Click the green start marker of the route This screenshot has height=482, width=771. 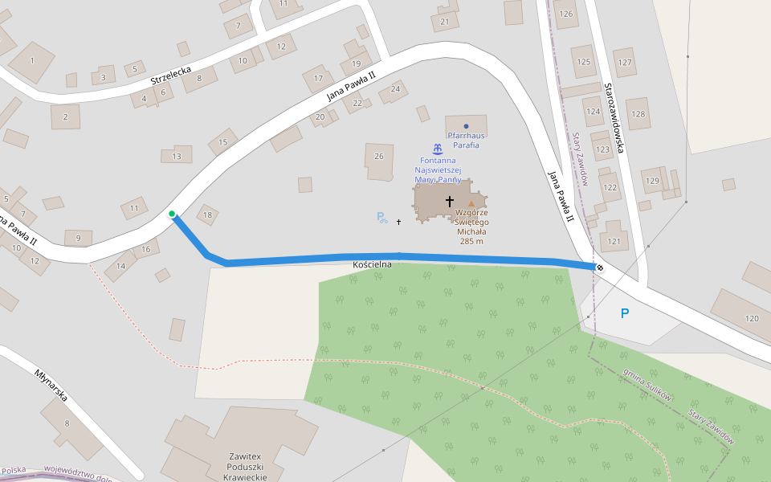tap(172, 214)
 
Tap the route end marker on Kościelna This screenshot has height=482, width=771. tap(599, 267)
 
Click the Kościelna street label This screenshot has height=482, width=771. tap(372, 264)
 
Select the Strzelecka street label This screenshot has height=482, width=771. tap(170, 77)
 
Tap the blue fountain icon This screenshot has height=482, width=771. tap(437, 149)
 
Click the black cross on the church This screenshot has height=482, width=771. tap(450, 201)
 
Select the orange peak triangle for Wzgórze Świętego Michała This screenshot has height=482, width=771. tap(471, 204)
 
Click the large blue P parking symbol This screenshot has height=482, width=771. tap(625, 314)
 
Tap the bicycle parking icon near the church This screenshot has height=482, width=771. tap(381, 217)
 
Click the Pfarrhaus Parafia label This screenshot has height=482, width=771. tap(466, 141)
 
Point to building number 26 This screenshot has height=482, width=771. tap(379, 156)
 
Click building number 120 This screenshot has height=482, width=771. tap(752, 319)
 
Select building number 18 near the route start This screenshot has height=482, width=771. tap(208, 214)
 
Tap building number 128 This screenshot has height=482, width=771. tap(638, 114)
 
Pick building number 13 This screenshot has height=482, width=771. tap(177, 157)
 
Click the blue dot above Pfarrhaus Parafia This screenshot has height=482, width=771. tap(466, 126)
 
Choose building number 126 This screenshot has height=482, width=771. tap(566, 14)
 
